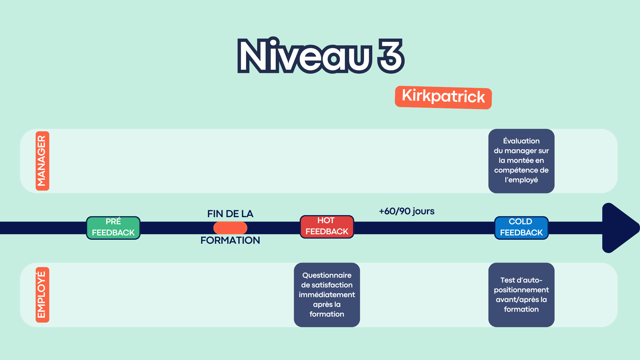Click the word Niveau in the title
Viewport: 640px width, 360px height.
point(305,56)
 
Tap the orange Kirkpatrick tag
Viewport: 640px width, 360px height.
point(443,97)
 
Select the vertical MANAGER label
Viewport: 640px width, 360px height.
point(42,161)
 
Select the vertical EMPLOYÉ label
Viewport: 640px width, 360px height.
point(42,295)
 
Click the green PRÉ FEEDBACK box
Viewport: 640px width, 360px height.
point(113,228)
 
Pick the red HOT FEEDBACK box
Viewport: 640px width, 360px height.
point(327,227)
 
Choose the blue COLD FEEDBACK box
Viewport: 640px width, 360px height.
point(521,228)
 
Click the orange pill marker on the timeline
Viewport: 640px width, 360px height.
point(230,228)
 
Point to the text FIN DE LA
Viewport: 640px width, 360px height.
point(230,214)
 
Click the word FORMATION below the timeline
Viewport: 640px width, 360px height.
point(230,240)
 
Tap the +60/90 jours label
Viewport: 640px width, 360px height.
point(407,211)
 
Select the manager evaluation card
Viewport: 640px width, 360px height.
point(521,161)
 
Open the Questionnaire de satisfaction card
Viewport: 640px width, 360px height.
point(327,295)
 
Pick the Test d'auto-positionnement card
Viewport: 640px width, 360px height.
point(521,295)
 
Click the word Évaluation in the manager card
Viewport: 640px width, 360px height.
point(521,141)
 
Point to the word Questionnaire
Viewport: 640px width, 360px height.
point(327,275)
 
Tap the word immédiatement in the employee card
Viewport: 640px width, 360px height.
point(327,295)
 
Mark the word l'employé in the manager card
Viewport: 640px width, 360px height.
point(521,180)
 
